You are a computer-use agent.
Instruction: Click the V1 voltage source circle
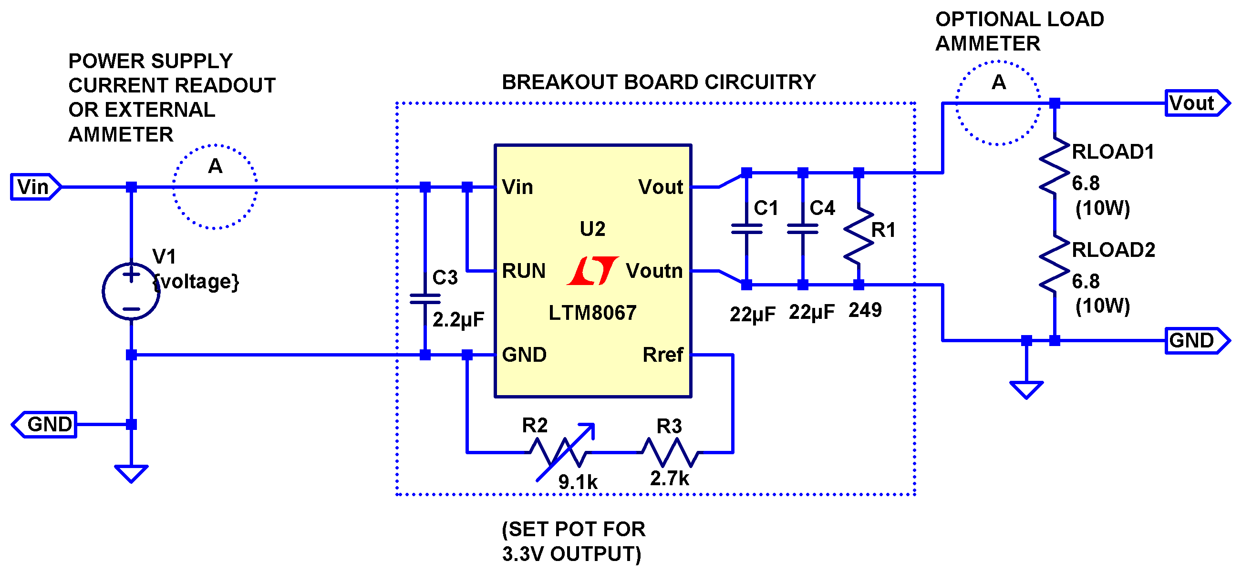131,292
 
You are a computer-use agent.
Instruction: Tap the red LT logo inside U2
592,271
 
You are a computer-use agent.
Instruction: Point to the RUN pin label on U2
523,271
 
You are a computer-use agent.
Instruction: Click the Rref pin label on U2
662,355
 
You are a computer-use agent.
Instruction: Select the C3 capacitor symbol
425,299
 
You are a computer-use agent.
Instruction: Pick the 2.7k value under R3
669,479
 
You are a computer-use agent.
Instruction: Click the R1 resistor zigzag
859,236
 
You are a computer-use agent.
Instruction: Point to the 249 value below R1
865,310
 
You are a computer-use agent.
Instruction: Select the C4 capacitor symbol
803,229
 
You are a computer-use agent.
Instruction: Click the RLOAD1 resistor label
1113,152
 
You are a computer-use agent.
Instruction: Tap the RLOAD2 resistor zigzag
1054,265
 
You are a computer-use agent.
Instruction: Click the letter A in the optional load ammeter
998,82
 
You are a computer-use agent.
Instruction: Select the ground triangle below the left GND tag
131,473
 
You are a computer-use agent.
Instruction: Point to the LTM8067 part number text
592,313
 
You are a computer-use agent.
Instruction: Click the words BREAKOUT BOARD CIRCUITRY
659,82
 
